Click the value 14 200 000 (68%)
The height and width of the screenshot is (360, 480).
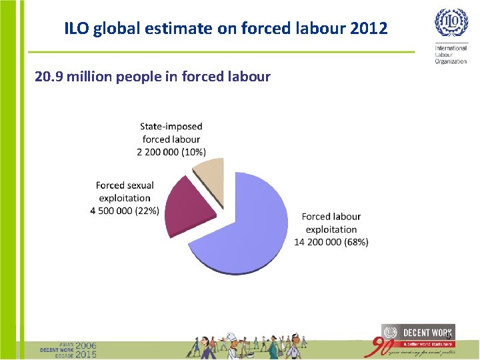click(331, 243)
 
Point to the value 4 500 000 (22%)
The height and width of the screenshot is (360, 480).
click(125, 211)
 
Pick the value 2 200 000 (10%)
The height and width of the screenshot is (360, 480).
click(171, 152)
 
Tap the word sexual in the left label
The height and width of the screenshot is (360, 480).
click(139, 185)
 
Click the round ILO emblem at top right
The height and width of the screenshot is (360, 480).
click(451, 24)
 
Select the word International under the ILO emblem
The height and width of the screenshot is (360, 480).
click(451, 49)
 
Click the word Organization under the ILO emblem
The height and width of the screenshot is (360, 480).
click(451, 61)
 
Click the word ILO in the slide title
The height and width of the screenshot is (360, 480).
click(76, 29)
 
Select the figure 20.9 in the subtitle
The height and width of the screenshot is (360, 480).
click(48, 77)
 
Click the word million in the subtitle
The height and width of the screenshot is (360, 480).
click(89, 77)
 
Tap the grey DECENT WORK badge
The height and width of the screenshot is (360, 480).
click(418, 332)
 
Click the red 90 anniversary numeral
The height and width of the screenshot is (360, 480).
click(383, 347)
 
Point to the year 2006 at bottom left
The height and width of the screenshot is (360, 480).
click(85, 345)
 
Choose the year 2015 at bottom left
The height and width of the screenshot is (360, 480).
click(85, 354)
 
